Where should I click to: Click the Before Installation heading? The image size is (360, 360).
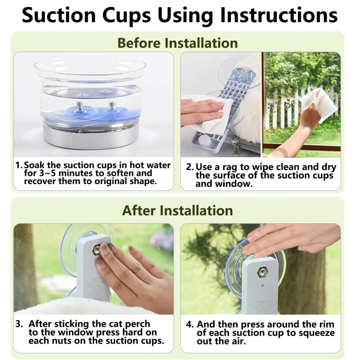point(177,43)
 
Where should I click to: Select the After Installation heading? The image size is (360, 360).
point(177,210)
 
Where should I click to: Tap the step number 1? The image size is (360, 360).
point(18,165)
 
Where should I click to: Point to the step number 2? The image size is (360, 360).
point(189,167)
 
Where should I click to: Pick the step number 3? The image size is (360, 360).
point(19,324)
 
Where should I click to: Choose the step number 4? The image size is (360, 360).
point(189,324)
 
